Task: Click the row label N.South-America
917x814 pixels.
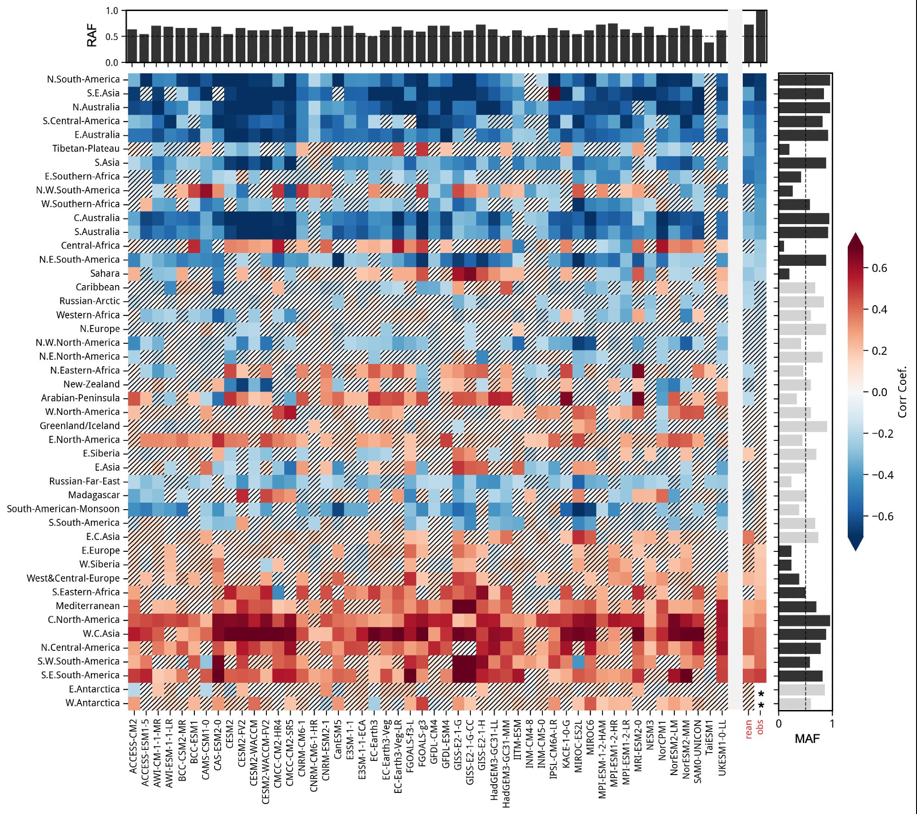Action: (x=83, y=79)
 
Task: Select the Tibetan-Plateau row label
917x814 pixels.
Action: (x=86, y=148)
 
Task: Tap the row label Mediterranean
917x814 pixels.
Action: (x=88, y=606)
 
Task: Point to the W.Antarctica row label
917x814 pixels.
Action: (x=92, y=703)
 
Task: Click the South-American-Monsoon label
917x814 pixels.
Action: (x=63, y=509)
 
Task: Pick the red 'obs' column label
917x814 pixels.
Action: (x=761, y=727)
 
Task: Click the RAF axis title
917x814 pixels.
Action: (x=92, y=36)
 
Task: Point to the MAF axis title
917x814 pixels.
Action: (x=807, y=738)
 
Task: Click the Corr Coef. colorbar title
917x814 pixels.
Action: (x=902, y=392)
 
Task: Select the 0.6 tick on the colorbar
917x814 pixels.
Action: (x=879, y=268)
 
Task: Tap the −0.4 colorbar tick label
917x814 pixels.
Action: (x=881, y=475)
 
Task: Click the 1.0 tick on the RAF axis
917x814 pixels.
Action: (x=112, y=11)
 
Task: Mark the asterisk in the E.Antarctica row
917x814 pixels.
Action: (x=761, y=694)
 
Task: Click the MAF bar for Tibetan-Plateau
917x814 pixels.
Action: (x=784, y=149)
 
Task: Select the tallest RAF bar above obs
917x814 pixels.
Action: (x=761, y=36)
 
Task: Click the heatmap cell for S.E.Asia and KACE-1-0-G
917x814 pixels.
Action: (x=566, y=93)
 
